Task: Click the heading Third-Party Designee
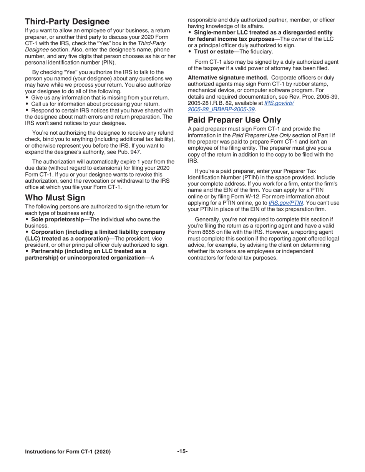coord(67,21)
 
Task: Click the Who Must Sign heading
coord(55,198)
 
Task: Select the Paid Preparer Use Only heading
coord(234,120)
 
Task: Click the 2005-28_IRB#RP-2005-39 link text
coord(221,109)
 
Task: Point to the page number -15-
coord(182,451)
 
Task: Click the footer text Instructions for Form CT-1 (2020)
coord(68,452)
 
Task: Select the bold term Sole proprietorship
coord(57,219)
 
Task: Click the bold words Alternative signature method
coord(228,78)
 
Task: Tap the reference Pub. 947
coord(124,152)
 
